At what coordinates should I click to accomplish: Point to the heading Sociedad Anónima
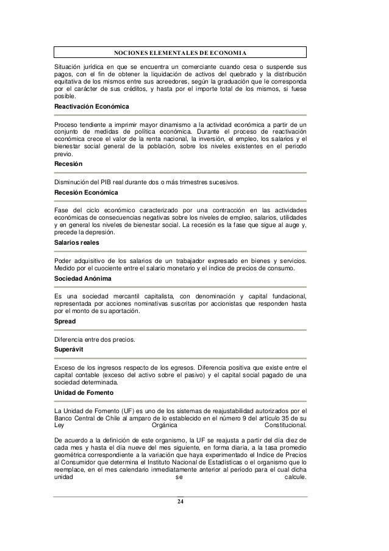point(79,278)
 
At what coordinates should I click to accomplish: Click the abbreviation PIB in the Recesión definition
point(107,182)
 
